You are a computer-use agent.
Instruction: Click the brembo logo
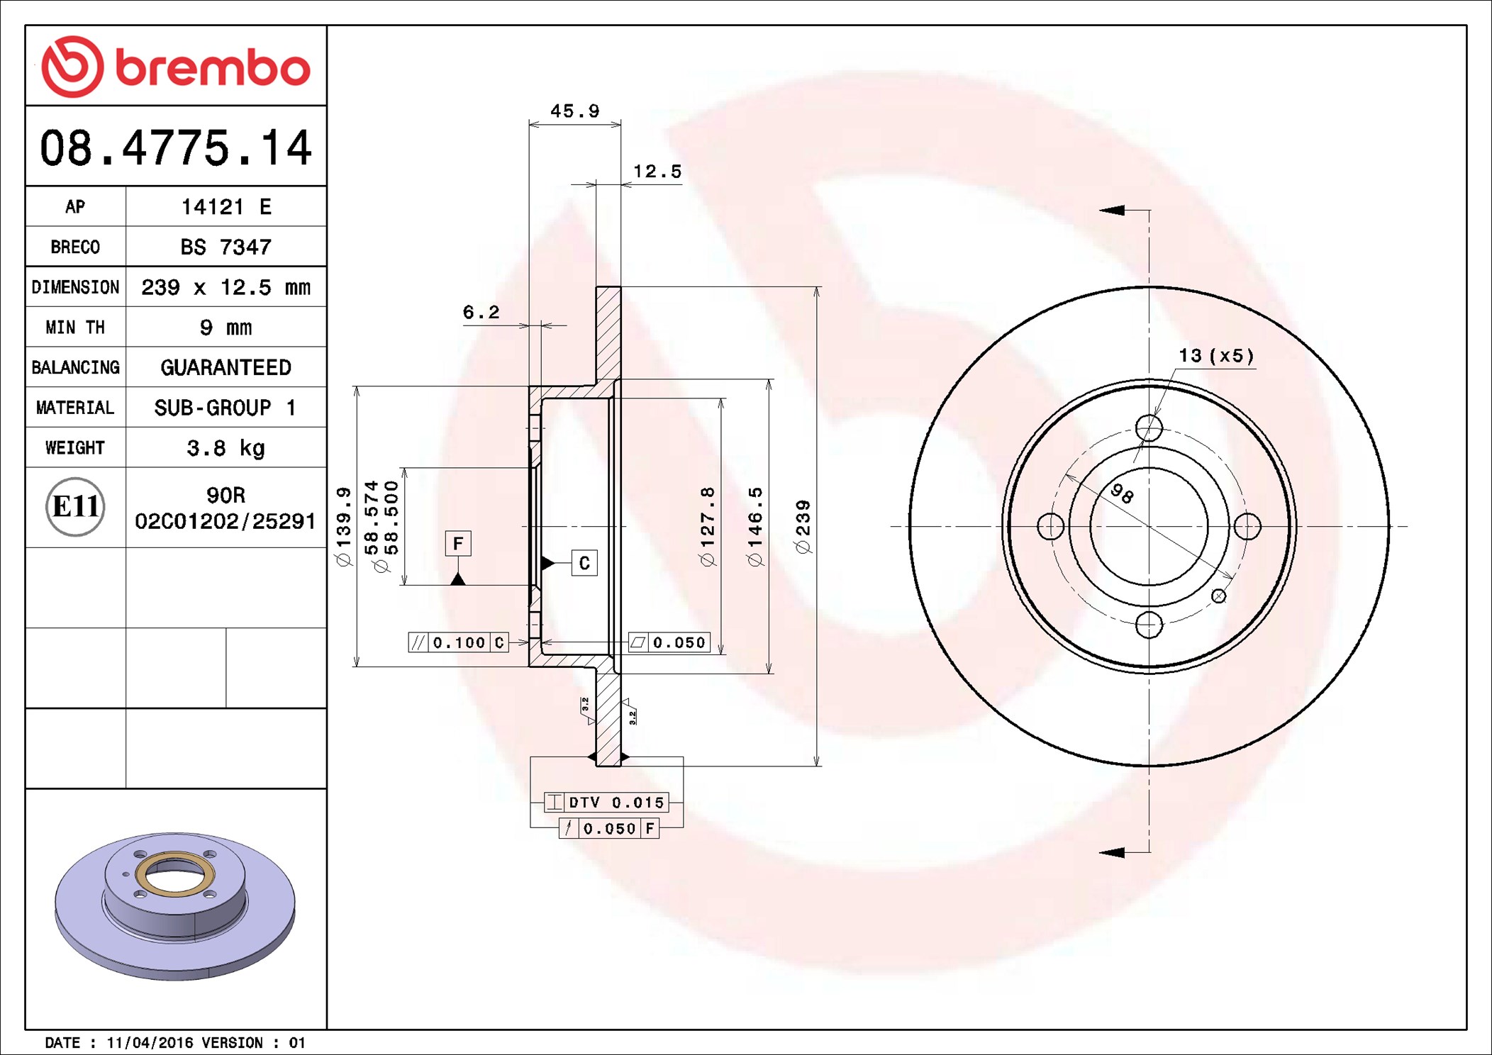click(176, 67)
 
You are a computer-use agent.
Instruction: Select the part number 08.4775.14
click(176, 148)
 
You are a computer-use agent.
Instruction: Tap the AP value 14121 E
click(226, 207)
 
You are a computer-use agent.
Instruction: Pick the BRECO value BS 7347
click(226, 247)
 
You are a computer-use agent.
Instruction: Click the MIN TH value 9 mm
click(226, 328)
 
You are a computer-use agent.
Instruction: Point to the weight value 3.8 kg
click(226, 448)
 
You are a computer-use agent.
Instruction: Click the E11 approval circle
click(75, 507)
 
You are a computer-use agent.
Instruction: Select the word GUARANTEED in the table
click(226, 367)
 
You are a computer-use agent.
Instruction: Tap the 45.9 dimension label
click(575, 111)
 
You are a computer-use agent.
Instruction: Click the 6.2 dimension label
click(481, 312)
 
